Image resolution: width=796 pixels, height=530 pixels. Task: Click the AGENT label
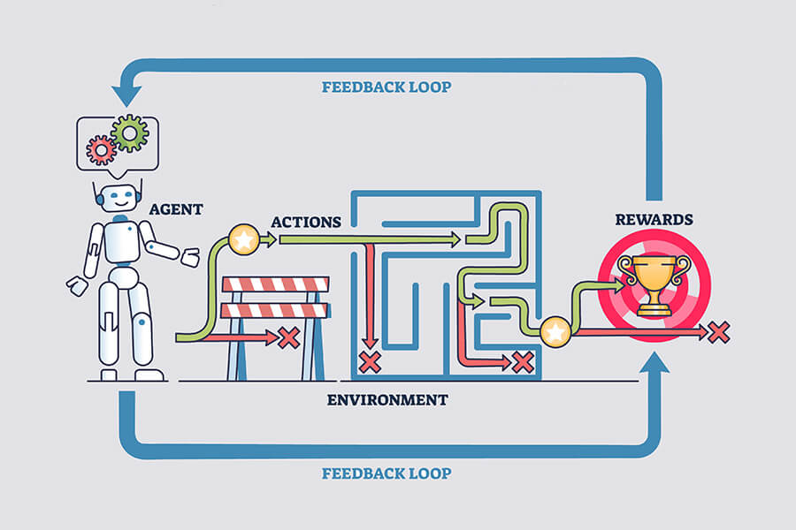pyautogui.click(x=175, y=209)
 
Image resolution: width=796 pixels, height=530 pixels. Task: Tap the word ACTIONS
pyautogui.click(x=306, y=221)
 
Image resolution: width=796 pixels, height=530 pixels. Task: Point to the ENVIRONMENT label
pyautogui.click(x=387, y=399)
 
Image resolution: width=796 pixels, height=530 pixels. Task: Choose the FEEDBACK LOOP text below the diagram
pyautogui.click(x=386, y=473)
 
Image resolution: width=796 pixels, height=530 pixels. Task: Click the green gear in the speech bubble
pyautogui.click(x=129, y=133)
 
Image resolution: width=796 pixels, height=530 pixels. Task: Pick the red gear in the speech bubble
pyautogui.click(x=102, y=150)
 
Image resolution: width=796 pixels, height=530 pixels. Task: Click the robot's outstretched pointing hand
pyautogui.click(x=189, y=259)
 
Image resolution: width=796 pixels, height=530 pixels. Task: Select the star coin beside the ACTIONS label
pyautogui.click(x=243, y=238)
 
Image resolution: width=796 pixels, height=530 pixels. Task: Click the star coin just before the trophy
pyautogui.click(x=555, y=332)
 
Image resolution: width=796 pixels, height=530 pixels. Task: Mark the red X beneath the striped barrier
pyautogui.click(x=288, y=337)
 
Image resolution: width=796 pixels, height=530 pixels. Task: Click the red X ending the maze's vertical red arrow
pyautogui.click(x=370, y=360)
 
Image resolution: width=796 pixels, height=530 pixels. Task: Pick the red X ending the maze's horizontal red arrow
pyautogui.click(x=523, y=361)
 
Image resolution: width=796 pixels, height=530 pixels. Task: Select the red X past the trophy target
pyautogui.click(x=719, y=332)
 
